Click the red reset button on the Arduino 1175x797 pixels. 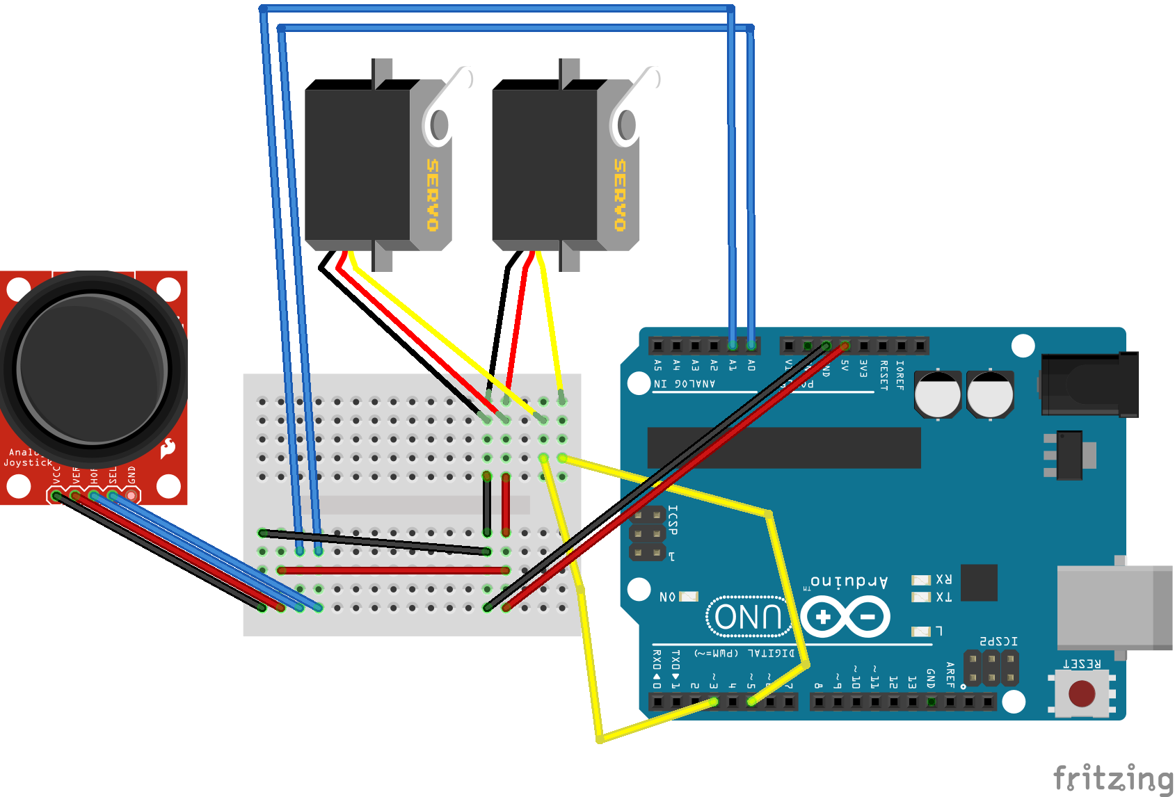click(1081, 693)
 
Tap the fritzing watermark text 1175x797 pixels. click(1113, 778)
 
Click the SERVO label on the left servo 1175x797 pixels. click(432, 195)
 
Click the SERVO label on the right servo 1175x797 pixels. click(619, 195)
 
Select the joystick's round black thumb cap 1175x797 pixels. click(92, 367)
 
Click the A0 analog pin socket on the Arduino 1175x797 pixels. click(751, 346)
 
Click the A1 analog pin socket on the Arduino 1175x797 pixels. click(733, 346)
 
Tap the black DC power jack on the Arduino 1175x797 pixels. click(1089, 385)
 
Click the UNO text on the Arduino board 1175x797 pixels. click(749, 616)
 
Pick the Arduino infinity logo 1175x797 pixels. click(845, 617)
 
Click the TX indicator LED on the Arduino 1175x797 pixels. click(921, 597)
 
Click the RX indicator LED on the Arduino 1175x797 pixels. click(921, 580)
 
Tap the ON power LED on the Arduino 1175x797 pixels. click(688, 597)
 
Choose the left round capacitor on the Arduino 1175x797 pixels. click(937, 394)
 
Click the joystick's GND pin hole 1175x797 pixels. click(131, 496)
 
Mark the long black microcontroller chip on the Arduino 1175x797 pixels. click(784, 448)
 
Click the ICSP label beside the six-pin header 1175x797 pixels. click(673, 520)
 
